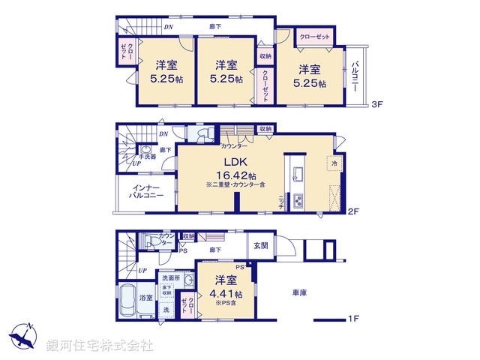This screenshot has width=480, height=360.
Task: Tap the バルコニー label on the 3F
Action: (355, 76)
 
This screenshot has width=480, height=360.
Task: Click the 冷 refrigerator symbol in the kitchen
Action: (332, 162)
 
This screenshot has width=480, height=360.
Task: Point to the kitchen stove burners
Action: (297, 200)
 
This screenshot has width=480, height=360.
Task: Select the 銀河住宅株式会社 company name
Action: (100, 345)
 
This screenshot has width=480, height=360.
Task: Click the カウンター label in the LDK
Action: (234, 145)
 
